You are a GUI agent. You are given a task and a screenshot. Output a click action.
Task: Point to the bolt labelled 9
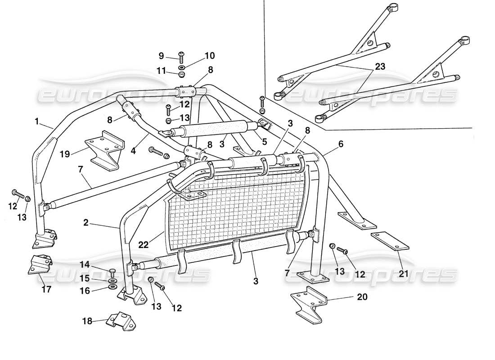[181, 57]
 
